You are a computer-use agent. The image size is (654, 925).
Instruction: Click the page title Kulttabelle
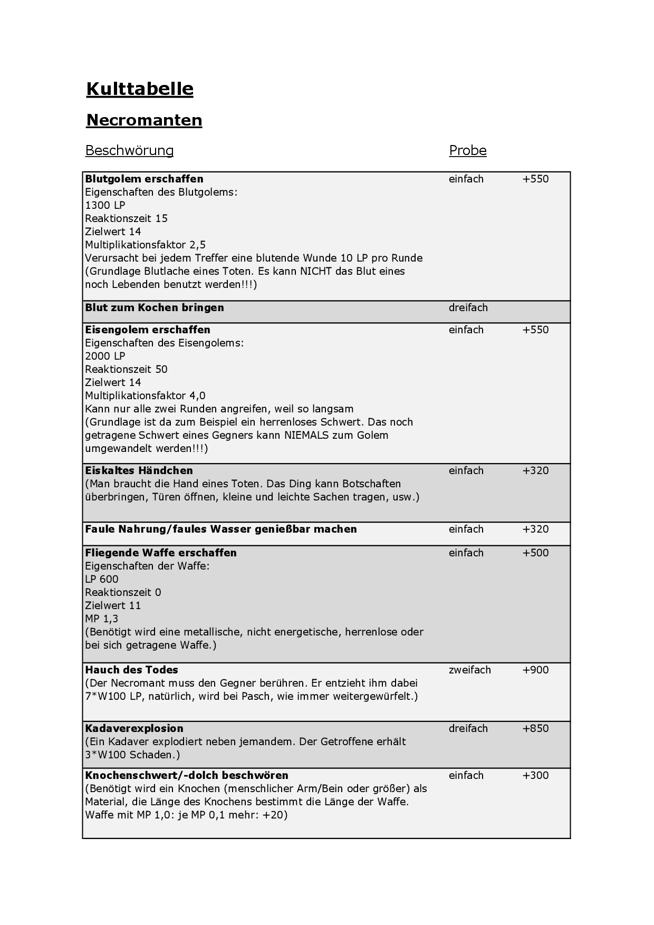(x=140, y=89)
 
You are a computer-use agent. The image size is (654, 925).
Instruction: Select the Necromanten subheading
(x=144, y=120)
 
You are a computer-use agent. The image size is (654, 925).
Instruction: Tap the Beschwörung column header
(x=129, y=151)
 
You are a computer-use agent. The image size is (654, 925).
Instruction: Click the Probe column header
(x=468, y=151)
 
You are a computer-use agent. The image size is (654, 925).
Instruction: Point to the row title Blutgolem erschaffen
(x=144, y=179)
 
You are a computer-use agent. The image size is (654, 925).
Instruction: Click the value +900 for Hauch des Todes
(x=535, y=670)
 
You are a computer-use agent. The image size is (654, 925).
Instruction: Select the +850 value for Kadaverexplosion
(x=535, y=728)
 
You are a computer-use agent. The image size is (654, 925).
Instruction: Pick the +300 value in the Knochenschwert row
(x=535, y=775)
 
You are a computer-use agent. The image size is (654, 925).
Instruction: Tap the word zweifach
(x=469, y=670)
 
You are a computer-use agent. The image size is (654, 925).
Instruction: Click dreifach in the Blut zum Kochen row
(x=468, y=307)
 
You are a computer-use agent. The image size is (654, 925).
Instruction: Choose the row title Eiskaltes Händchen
(x=139, y=470)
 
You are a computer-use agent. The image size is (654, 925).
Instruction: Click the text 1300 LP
(x=105, y=205)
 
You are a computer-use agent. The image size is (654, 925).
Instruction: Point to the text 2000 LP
(x=105, y=356)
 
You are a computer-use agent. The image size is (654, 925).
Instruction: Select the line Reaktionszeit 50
(x=126, y=369)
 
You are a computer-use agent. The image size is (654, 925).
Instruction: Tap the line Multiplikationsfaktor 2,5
(x=145, y=245)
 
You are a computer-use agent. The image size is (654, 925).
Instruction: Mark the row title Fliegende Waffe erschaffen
(x=161, y=553)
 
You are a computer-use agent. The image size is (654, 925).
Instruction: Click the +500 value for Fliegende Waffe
(x=535, y=553)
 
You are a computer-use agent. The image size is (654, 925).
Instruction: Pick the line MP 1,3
(x=102, y=619)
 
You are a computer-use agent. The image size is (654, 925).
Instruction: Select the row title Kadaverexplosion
(x=134, y=728)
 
